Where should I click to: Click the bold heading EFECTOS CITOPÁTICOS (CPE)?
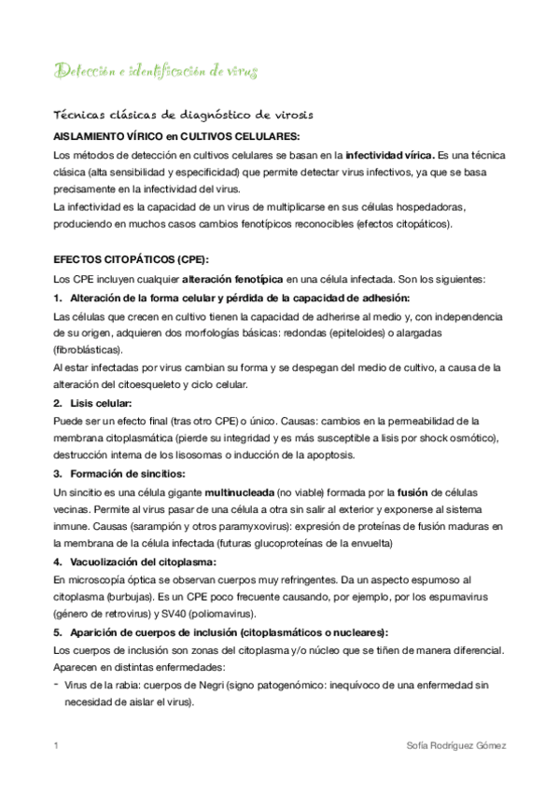pyautogui.click(x=131, y=259)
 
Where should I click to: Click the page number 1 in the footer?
pyautogui.click(x=57, y=746)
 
